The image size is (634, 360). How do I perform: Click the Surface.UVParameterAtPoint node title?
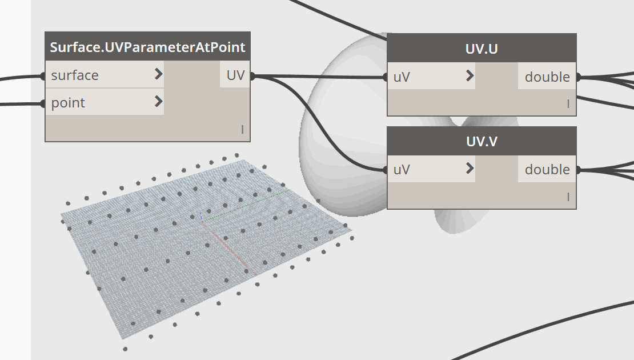tap(147, 47)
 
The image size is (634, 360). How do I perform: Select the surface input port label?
tap(75, 75)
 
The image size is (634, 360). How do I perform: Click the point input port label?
tap(68, 103)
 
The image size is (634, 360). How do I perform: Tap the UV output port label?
tap(236, 75)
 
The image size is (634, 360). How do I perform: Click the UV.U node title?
tap(481, 49)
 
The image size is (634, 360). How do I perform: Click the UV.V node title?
tap(481, 142)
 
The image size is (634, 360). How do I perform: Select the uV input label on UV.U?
tap(402, 77)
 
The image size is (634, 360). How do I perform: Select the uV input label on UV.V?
tap(402, 170)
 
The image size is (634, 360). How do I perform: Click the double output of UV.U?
tap(547, 77)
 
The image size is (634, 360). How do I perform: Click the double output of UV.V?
tap(547, 170)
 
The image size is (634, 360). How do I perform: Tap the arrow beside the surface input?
tap(159, 74)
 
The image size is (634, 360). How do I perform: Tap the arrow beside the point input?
tap(159, 102)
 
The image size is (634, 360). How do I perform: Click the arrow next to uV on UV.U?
tap(470, 75)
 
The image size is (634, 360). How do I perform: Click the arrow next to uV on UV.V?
tap(470, 168)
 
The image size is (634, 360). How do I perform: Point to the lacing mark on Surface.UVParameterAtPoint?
tap(242, 130)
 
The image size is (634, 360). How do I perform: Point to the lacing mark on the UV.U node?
tap(568, 104)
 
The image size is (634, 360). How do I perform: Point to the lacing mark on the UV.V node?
tap(568, 197)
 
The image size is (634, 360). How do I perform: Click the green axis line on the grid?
tap(246, 206)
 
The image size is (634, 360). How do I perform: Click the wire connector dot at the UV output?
tap(252, 76)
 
